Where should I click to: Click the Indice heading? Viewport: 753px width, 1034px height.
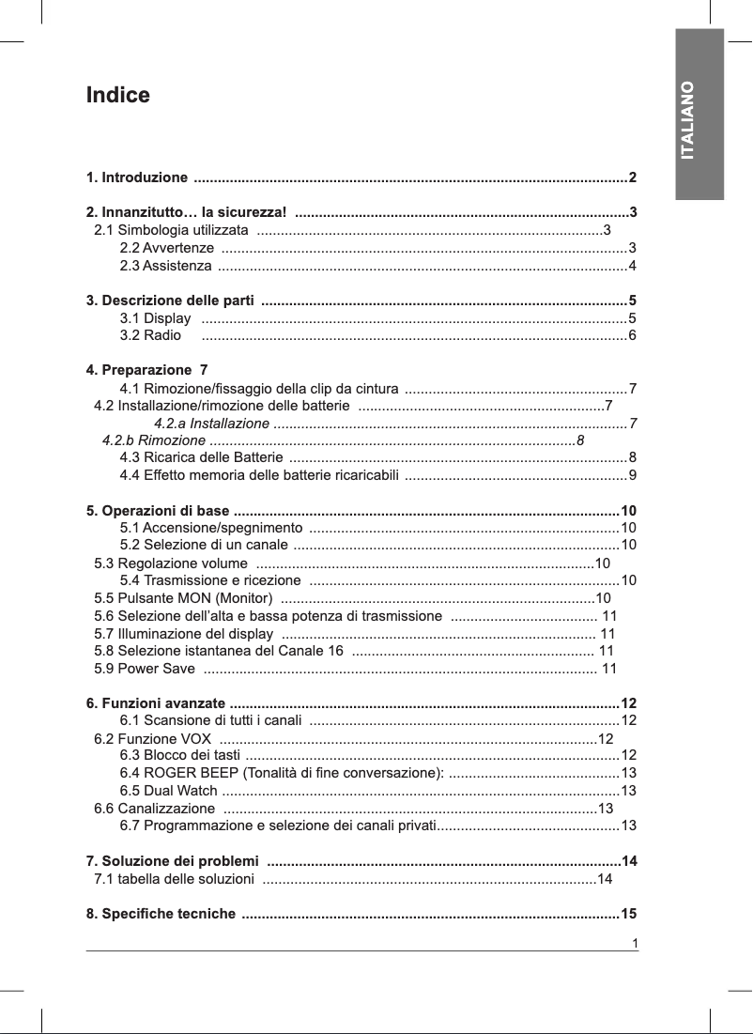pos(117,96)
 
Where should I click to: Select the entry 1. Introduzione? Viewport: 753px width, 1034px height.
pos(136,177)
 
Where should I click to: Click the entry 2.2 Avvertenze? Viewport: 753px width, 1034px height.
pos(167,248)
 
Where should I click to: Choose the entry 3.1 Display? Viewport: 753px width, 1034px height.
pos(156,319)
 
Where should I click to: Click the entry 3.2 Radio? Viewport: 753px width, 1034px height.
pos(150,335)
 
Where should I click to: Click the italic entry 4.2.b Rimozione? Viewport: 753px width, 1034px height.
pos(154,440)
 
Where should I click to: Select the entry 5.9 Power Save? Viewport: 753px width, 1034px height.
pos(145,669)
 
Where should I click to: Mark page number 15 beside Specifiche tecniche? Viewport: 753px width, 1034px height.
pos(629,914)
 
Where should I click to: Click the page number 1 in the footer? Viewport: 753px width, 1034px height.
pos(636,943)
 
